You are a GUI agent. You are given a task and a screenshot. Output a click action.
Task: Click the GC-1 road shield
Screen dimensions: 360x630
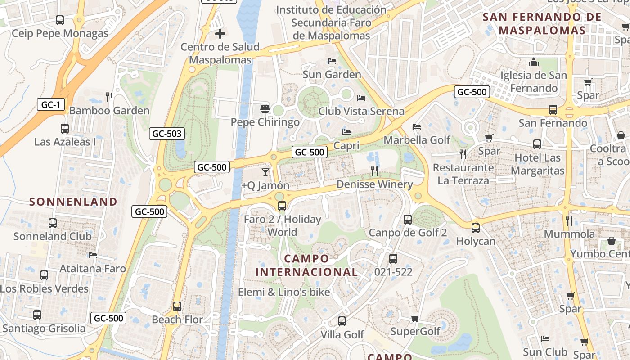(x=50, y=105)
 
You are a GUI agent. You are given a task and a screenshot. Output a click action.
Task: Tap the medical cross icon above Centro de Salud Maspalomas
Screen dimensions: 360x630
(x=220, y=34)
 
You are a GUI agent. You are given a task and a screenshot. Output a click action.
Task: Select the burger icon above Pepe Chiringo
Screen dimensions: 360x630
(x=265, y=109)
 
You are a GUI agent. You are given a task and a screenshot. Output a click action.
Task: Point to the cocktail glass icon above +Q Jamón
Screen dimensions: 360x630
(x=265, y=172)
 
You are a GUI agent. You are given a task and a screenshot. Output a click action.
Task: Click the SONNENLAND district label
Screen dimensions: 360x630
(x=73, y=202)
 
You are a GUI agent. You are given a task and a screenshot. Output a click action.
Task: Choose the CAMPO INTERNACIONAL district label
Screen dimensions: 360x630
(x=307, y=265)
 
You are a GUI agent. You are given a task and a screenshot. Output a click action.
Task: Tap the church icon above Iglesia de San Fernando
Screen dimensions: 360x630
(x=534, y=62)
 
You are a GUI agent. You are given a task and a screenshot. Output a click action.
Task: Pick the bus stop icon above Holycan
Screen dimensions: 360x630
(x=476, y=228)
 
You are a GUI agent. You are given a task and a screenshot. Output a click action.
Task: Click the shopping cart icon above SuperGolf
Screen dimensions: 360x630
(x=415, y=319)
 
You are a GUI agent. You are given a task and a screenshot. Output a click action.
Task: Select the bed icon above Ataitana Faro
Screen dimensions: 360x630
(x=93, y=255)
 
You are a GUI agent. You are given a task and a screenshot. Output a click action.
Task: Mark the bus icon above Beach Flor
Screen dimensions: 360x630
(x=177, y=306)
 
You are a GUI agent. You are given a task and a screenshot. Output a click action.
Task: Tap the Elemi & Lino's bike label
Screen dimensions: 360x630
(x=284, y=292)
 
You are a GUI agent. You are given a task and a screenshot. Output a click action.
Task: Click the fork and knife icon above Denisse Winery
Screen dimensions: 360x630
(x=374, y=171)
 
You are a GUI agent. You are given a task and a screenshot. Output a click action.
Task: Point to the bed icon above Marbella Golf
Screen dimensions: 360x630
(x=417, y=127)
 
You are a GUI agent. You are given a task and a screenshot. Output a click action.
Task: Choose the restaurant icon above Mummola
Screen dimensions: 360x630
(x=569, y=220)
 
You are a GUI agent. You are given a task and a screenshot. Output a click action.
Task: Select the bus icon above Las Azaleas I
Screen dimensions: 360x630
(x=65, y=129)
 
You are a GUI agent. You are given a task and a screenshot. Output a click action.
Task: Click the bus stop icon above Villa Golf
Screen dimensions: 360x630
(x=342, y=321)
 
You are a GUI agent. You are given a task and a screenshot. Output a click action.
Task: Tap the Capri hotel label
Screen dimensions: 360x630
(x=346, y=145)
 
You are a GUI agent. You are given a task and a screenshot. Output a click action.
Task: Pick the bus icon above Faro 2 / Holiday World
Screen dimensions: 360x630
(x=282, y=206)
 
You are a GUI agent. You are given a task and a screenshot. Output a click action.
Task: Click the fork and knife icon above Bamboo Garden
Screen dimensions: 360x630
(x=109, y=97)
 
